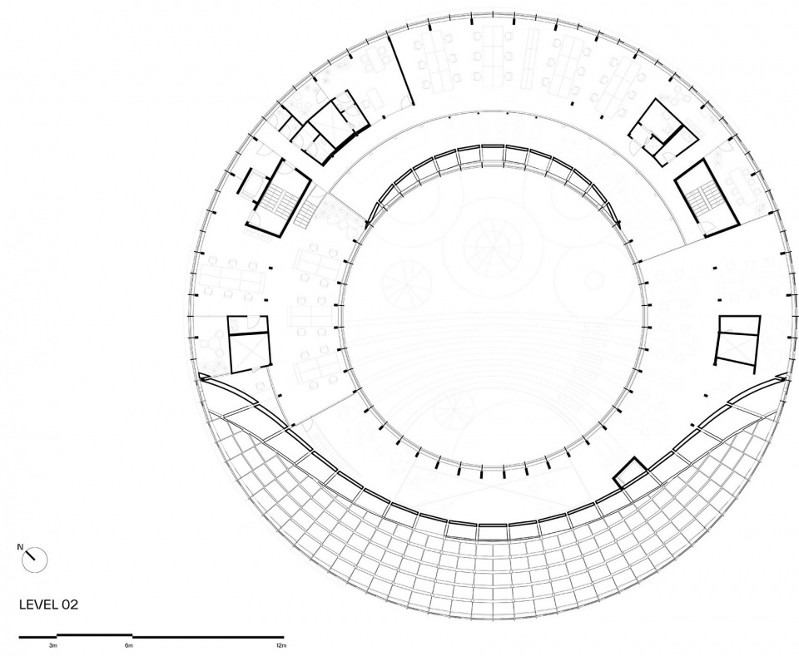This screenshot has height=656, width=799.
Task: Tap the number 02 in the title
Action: (70, 604)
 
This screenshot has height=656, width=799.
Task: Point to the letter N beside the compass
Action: (20, 547)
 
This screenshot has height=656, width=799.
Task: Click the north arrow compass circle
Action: (35, 560)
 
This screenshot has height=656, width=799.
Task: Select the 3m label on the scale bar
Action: (53, 646)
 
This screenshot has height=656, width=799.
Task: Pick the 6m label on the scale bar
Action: (129, 646)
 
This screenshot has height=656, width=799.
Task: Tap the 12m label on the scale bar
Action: (280, 646)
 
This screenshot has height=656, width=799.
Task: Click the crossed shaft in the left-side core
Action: (249, 353)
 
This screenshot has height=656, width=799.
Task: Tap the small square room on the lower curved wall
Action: (630, 473)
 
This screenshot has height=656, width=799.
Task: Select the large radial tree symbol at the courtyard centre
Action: (493, 248)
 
